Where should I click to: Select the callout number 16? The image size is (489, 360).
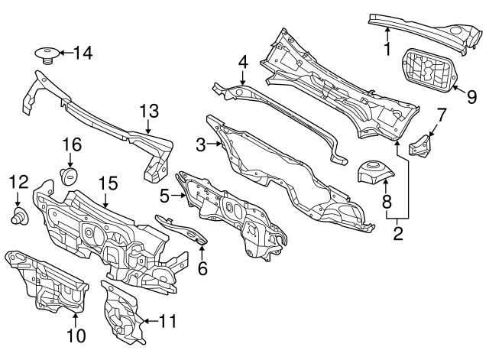tap(70, 144)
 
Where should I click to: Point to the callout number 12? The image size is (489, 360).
tap(18, 181)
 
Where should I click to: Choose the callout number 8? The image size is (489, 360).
tap(386, 203)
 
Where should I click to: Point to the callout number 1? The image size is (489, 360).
tap(387, 50)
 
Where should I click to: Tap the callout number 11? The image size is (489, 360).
tap(167, 321)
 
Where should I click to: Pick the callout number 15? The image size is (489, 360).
tap(108, 183)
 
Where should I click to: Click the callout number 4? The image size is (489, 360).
tap(242, 60)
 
